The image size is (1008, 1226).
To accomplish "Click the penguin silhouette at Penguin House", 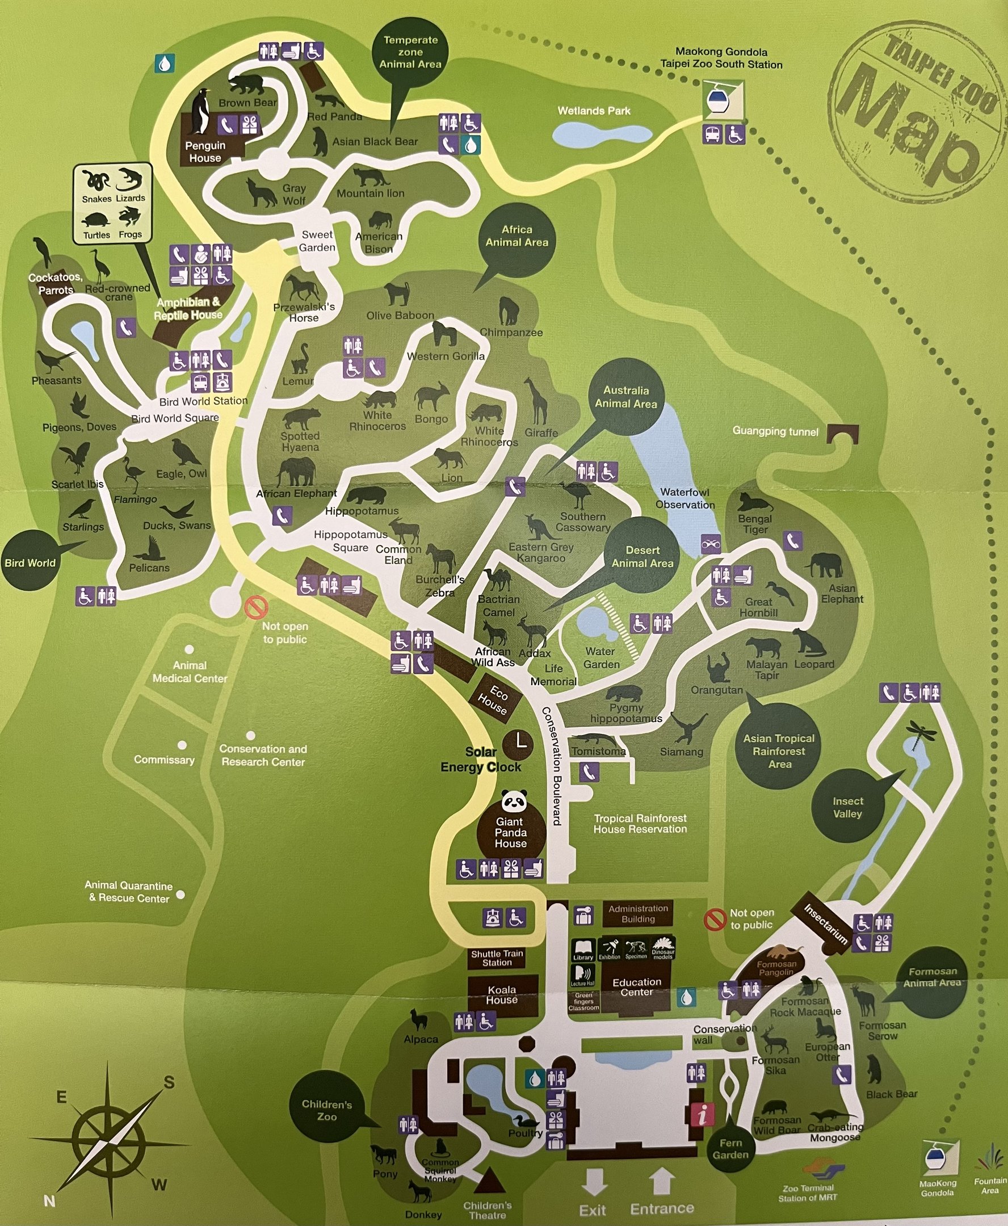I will (201, 112).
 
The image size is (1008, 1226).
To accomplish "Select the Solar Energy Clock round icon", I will (518, 744).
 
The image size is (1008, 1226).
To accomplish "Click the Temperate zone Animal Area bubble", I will (410, 53).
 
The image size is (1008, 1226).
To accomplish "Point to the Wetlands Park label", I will (594, 111).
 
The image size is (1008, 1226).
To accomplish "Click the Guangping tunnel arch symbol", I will (842, 433).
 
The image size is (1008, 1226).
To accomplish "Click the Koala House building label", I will (502, 995).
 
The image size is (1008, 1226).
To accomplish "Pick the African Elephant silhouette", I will (297, 472).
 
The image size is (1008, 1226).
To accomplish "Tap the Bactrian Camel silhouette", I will (497, 578).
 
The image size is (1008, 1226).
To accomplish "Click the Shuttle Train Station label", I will (497, 958).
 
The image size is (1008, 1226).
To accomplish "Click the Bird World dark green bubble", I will (31, 561).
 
